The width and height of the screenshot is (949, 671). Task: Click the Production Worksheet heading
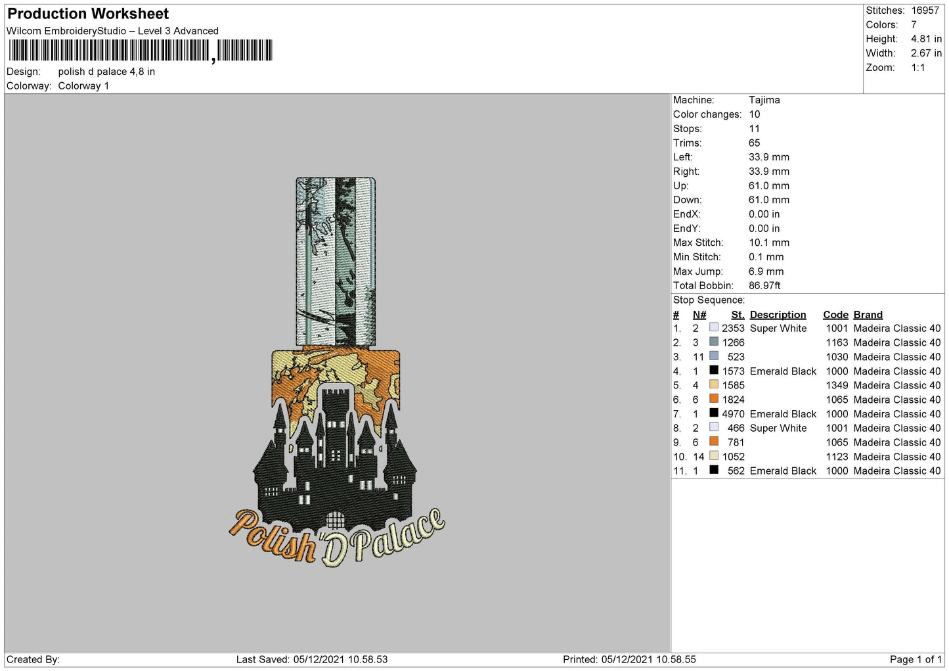(x=88, y=14)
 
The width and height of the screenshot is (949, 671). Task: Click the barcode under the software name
(x=141, y=51)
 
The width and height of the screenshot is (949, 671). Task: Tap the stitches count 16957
(x=925, y=10)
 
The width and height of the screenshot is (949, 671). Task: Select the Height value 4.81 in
(x=926, y=39)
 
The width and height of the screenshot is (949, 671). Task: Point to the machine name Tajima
(x=764, y=100)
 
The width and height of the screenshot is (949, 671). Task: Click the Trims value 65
(x=754, y=143)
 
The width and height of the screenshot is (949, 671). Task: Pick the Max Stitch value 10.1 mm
(x=769, y=243)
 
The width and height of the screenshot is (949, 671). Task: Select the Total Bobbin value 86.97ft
(x=764, y=285)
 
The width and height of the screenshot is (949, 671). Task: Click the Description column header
(x=778, y=315)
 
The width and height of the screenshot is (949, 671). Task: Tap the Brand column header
(x=868, y=315)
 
